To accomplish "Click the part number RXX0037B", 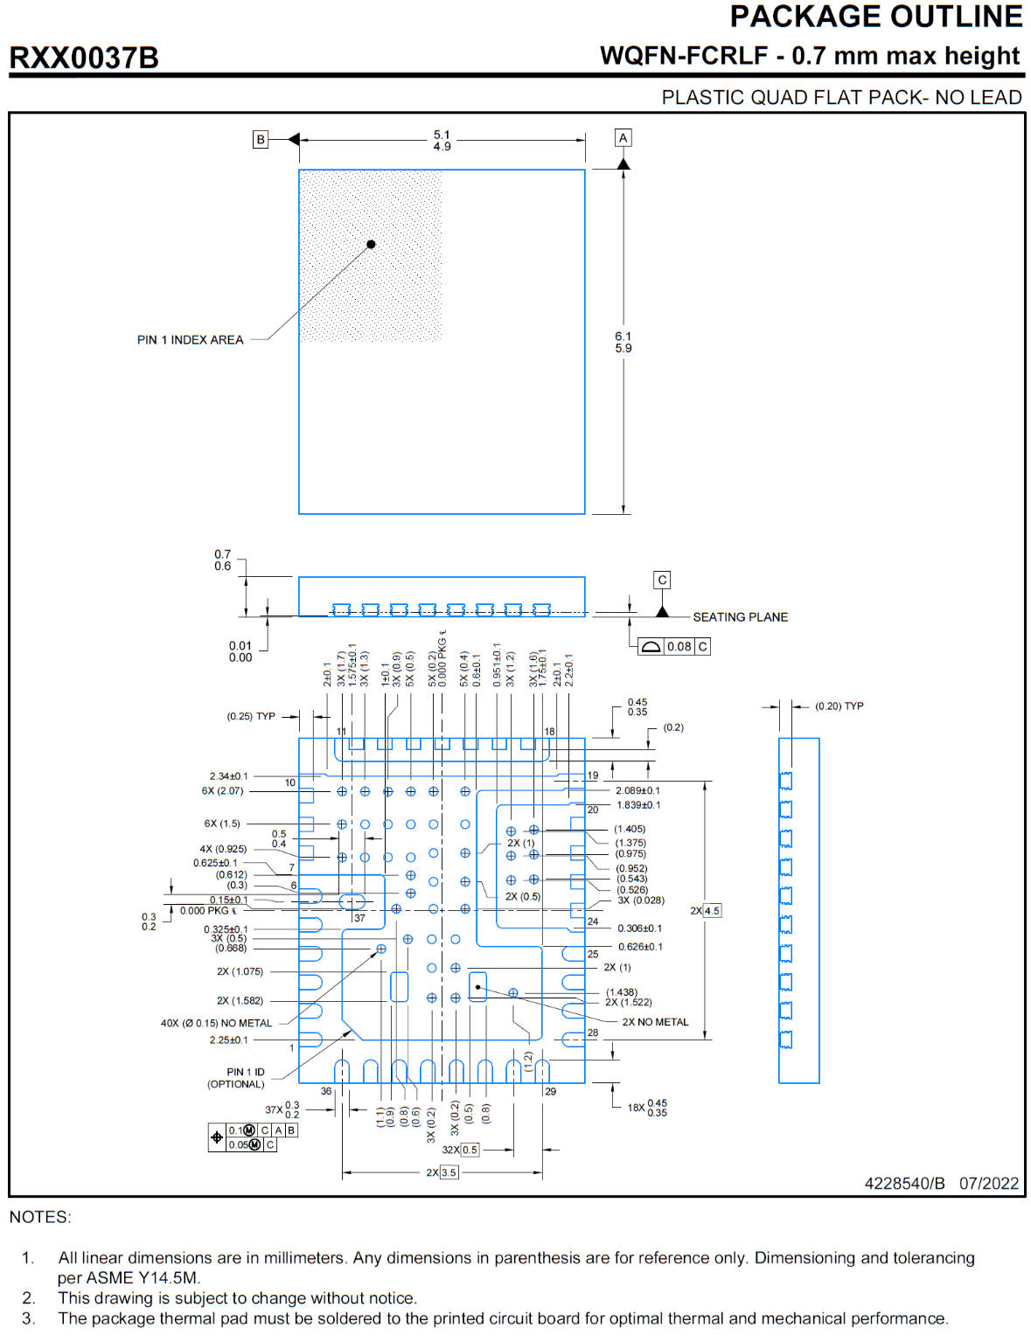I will click(84, 58).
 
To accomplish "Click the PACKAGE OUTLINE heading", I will click(875, 17).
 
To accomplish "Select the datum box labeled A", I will click(623, 138).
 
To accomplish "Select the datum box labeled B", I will click(261, 139).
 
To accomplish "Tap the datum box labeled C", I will click(662, 580).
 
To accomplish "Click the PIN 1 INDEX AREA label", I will click(190, 340).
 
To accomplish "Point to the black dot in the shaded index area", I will click(371, 245).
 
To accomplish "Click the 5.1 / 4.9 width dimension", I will click(442, 141).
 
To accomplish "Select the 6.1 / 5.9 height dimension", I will click(623, 342).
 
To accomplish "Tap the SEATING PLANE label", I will click(740, 617).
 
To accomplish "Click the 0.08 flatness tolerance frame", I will click(673, 647).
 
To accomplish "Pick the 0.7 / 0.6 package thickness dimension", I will click(223, 560).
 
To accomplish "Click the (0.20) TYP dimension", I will click(839, 706).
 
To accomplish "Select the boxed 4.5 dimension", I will click(712, 911).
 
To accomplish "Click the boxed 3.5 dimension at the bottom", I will click(449, 1172).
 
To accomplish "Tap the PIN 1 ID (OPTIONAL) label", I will click(236, 1078).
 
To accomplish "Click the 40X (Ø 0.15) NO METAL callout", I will click(216, 1023).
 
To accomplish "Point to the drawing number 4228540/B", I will click(904, 1184).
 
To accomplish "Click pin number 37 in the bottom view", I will click(359, 918).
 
